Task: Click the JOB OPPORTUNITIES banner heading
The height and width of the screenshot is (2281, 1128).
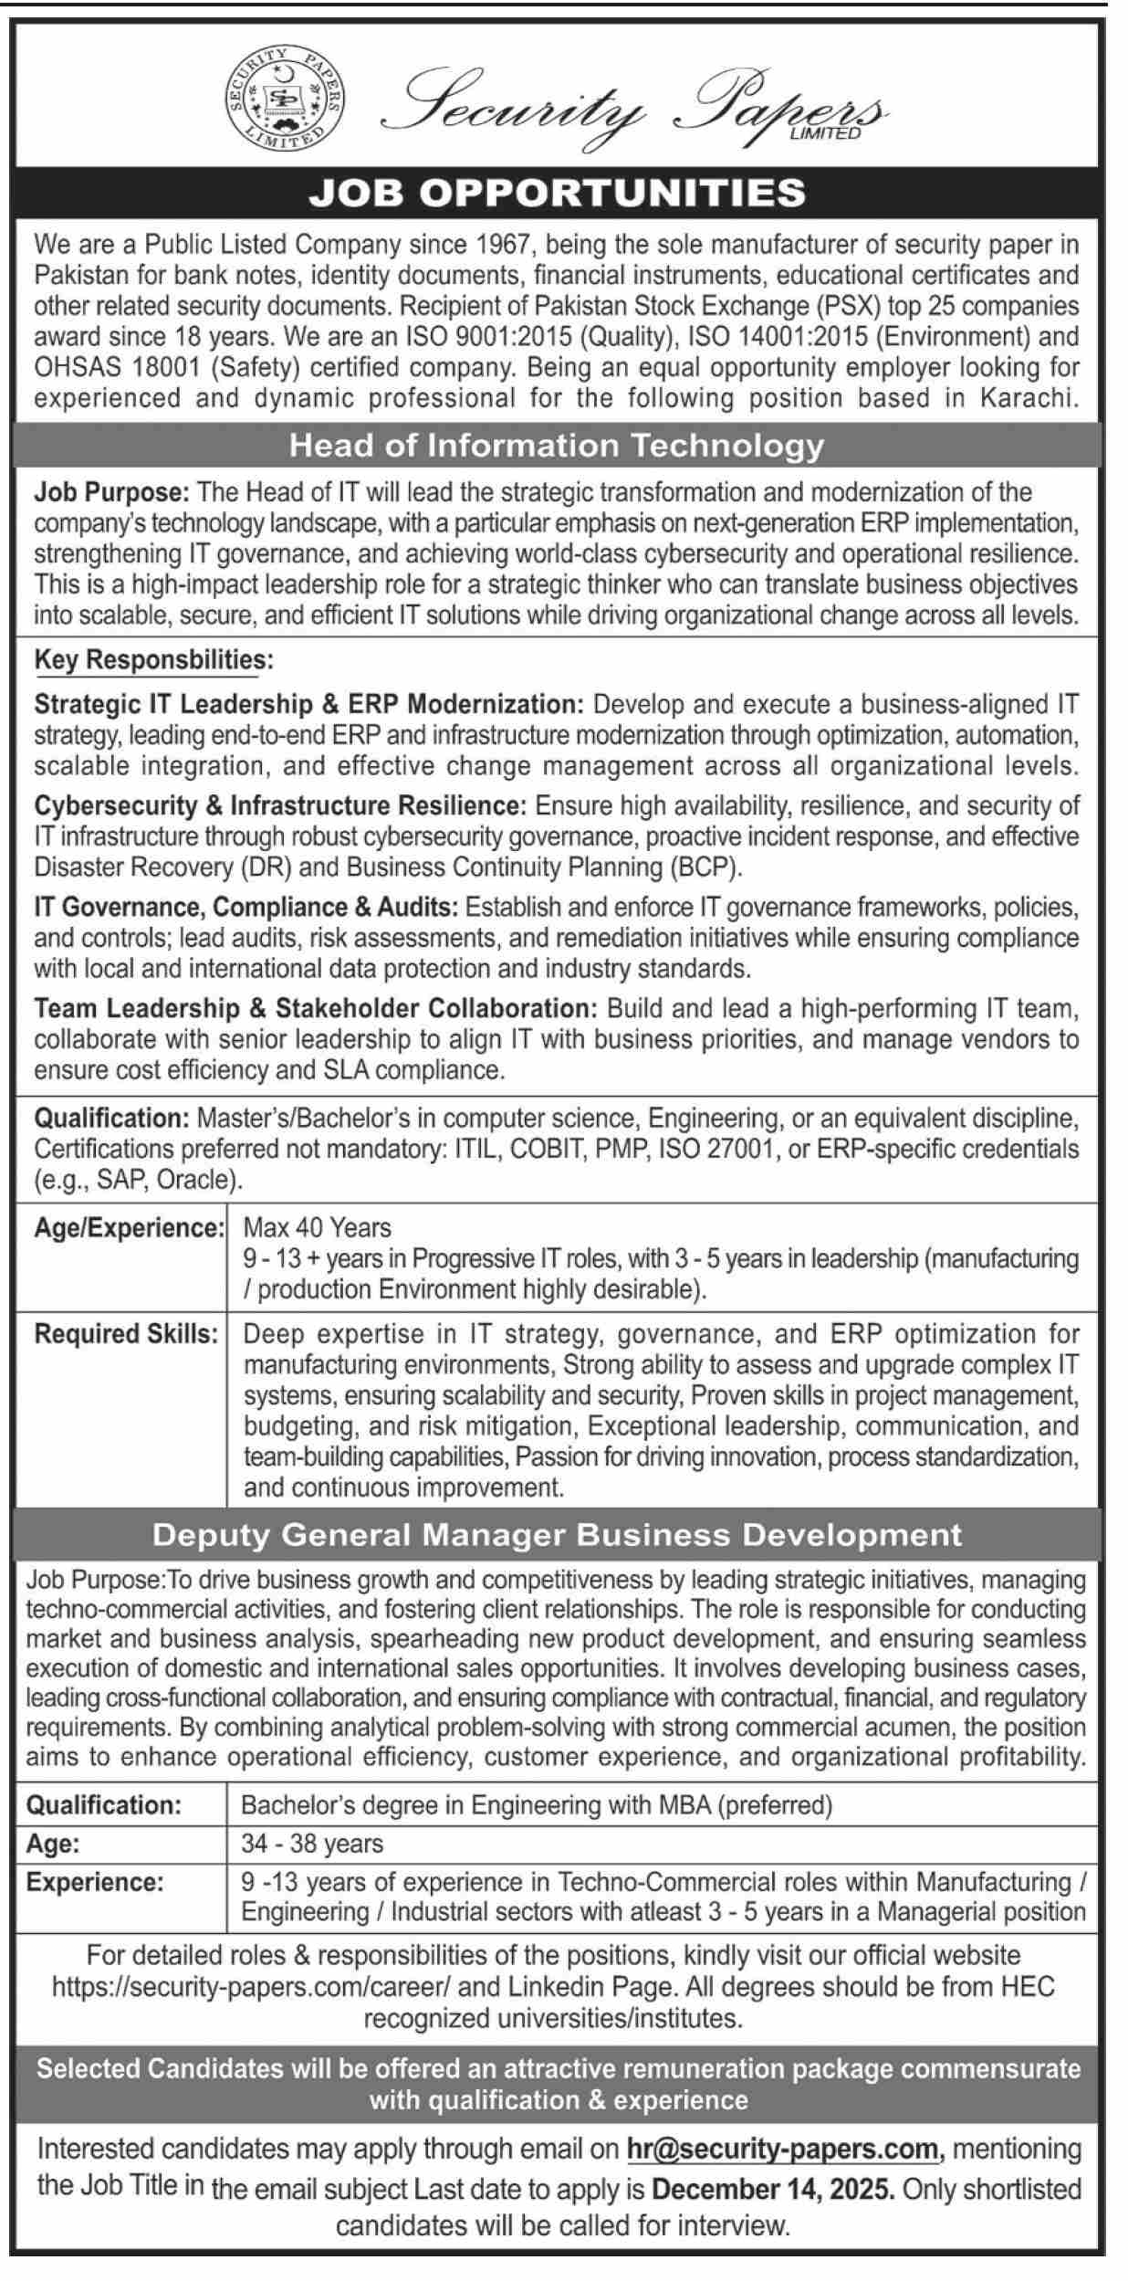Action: pos(557,192)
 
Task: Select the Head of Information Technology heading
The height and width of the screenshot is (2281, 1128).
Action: pos(557,446)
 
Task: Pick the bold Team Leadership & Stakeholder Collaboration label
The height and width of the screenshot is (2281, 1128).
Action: pos(315,1009)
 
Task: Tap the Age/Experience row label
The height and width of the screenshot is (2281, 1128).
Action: pos(129,1227)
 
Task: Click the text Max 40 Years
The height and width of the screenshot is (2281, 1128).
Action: pos(317,1227)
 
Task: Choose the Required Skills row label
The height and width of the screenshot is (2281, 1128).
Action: pos(126,1334)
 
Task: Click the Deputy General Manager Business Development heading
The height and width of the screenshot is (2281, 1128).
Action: pos(557,1535)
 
